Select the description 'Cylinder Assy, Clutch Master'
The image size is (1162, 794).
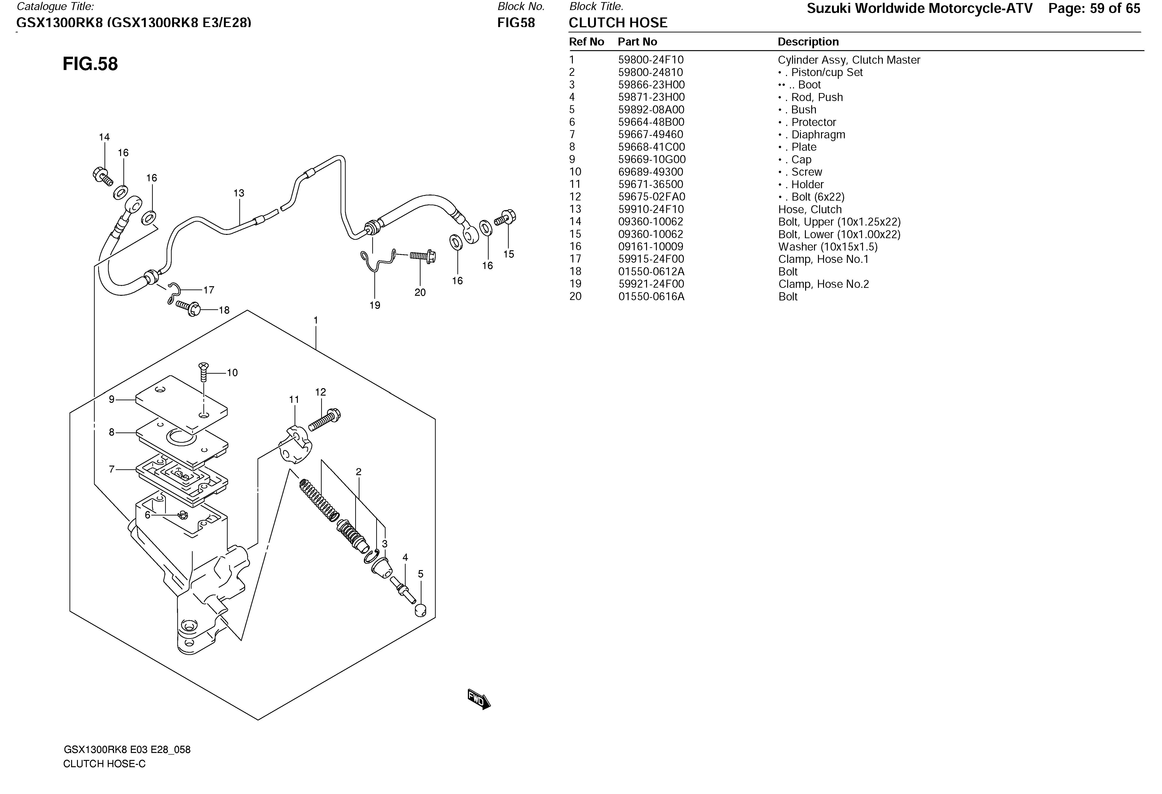tap(849, 60)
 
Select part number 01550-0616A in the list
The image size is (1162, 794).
tap(651, 296)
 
